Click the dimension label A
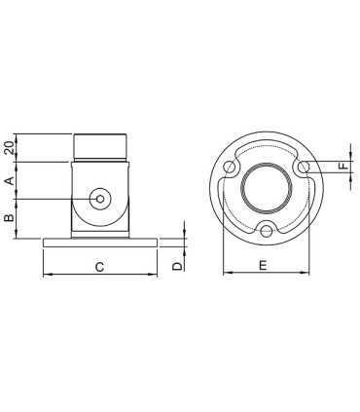coord(9,180)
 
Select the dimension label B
coord(9,219)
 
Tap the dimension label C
coord(99,264)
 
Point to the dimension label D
coord(176,264)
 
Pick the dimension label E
coord(267,264)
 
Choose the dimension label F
coord(342,168)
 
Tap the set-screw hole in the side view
coord(99,199)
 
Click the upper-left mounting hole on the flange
coord(230,169)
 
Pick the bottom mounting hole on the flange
coord(268,231)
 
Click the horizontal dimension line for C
coord(99,276)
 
